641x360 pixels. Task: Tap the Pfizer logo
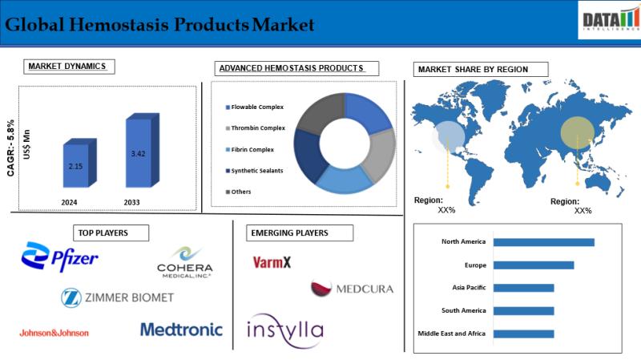click(x=59, y=257)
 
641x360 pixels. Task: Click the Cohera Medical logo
click(x=185, y=262)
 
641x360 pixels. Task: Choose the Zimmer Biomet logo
click(x=117, y=297)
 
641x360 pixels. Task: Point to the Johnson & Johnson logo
click(x=54, y=333)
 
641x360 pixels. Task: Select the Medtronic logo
click(x=182, y=330)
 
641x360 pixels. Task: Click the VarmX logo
click(x=272, y=262)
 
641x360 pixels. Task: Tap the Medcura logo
click(x=352, y=288)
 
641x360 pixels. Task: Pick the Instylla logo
click(x=285, y=330)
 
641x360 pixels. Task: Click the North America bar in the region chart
click(x=544, y=242)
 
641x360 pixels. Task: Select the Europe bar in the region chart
click(x=534, y=265)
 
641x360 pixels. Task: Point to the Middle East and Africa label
click(x=451, y=334)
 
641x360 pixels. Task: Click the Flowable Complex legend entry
click(x=255, y=107)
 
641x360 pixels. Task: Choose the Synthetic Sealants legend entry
click(x=254, y=171)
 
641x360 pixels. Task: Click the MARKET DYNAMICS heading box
click(x=69, y=67)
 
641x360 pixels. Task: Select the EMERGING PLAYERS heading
click(x=300, y=233)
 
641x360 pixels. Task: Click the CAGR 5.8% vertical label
click(x=10, y=148)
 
